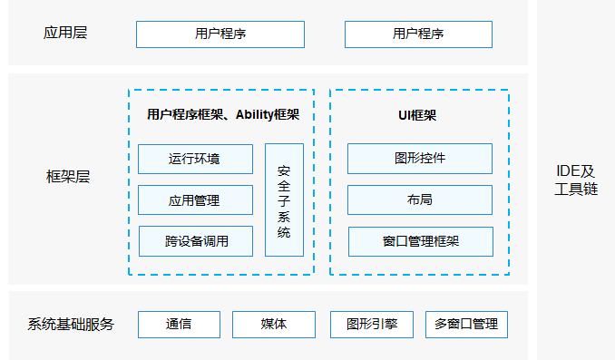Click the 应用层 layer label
pos(65,34)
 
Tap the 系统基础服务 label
pos(71,324)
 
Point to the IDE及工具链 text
pos(575,180)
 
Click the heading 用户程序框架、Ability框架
pos(222,114)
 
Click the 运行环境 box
pos(195,159)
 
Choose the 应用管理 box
pos(195,199)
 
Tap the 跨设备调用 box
pos(195,241)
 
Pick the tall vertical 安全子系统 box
pos(284,199)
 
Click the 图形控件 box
pos(420,158)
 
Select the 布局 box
pos(420,199)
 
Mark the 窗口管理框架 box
pos(420,241)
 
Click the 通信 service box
pos(179,324)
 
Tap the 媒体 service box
pos(273,324)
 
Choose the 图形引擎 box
pos(371,324)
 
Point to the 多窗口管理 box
pos(466,324)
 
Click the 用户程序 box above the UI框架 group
pos(418,34)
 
